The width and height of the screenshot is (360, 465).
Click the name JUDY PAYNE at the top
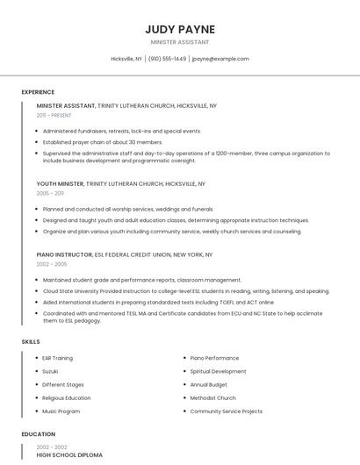point(180,30)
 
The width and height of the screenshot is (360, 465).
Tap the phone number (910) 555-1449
point(167,59)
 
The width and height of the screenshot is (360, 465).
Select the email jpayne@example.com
point(220,59)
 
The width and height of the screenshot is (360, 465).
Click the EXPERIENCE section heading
point(38,92)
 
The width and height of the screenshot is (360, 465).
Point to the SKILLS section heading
point(31,341)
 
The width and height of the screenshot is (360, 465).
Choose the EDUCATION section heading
point(39,434)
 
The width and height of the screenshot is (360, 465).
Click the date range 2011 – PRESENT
point(54,115)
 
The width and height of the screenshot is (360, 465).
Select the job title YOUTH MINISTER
point(60,184)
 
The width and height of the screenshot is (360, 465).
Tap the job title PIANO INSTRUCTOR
point(64,254)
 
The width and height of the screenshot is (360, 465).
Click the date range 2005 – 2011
point(50,193)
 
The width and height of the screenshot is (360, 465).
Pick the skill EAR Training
point(57,358)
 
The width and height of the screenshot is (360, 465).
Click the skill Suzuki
point(50,371)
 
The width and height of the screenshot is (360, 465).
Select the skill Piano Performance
point(214,358)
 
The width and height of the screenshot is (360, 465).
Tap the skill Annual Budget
point(209,384)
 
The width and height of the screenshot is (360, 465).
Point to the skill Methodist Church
point(213,397)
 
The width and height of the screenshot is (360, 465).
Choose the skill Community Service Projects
point(226,411)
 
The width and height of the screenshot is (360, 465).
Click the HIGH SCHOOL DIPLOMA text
point(69,455)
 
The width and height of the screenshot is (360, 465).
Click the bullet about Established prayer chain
point(103,142)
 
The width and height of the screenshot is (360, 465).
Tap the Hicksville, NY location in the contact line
point(126,59)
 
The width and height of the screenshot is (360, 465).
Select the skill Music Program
point(61,411)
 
